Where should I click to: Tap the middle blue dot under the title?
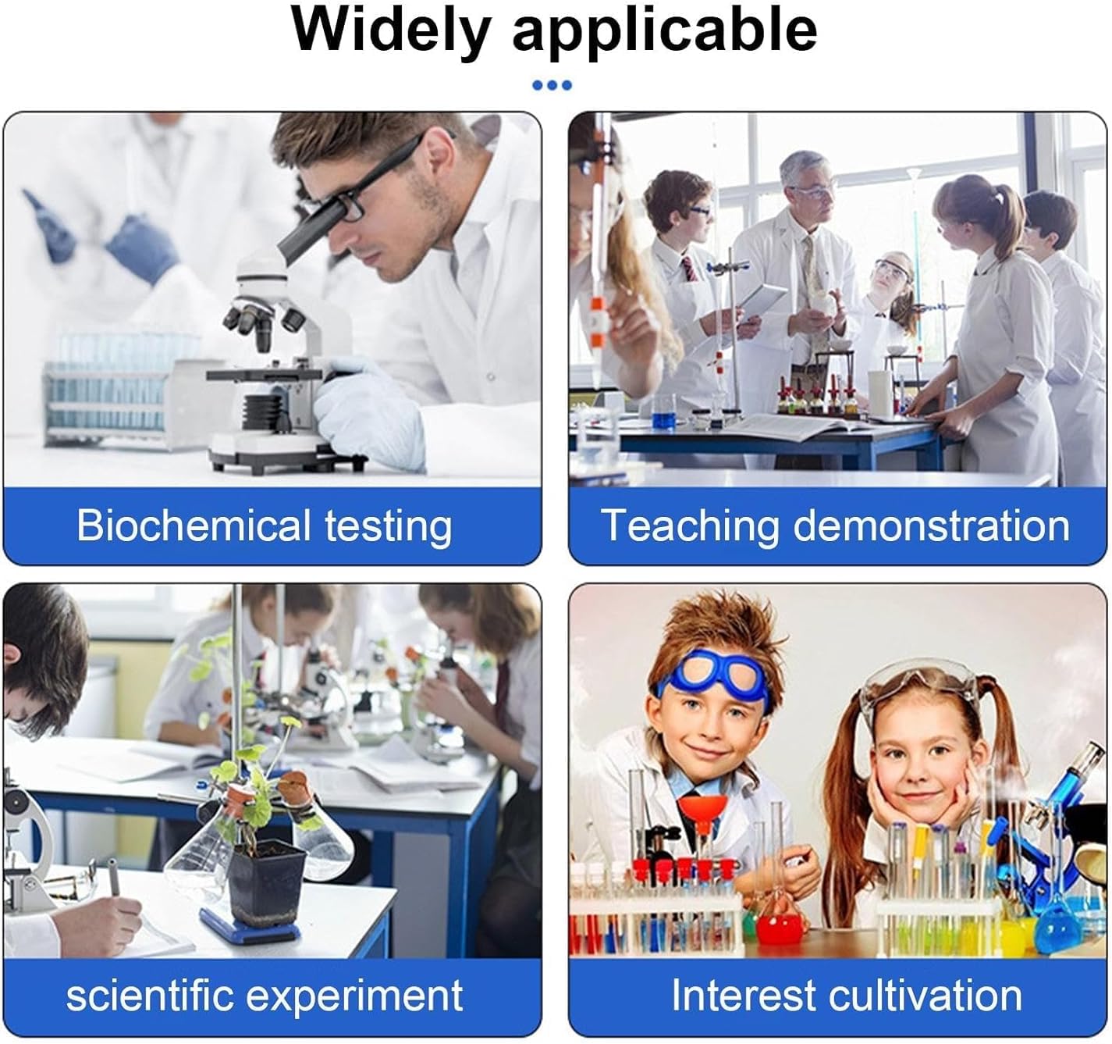coord(552,85)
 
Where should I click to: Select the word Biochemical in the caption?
coord(194,526)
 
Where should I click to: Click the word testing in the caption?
coord(388,527)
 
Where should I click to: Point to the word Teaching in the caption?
coord(689,527)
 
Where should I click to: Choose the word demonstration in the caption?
coord(932,526)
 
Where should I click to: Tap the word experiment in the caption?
coord(354,996)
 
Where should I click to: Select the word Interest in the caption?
coord(743,996)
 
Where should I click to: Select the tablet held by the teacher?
coord(759,303)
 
